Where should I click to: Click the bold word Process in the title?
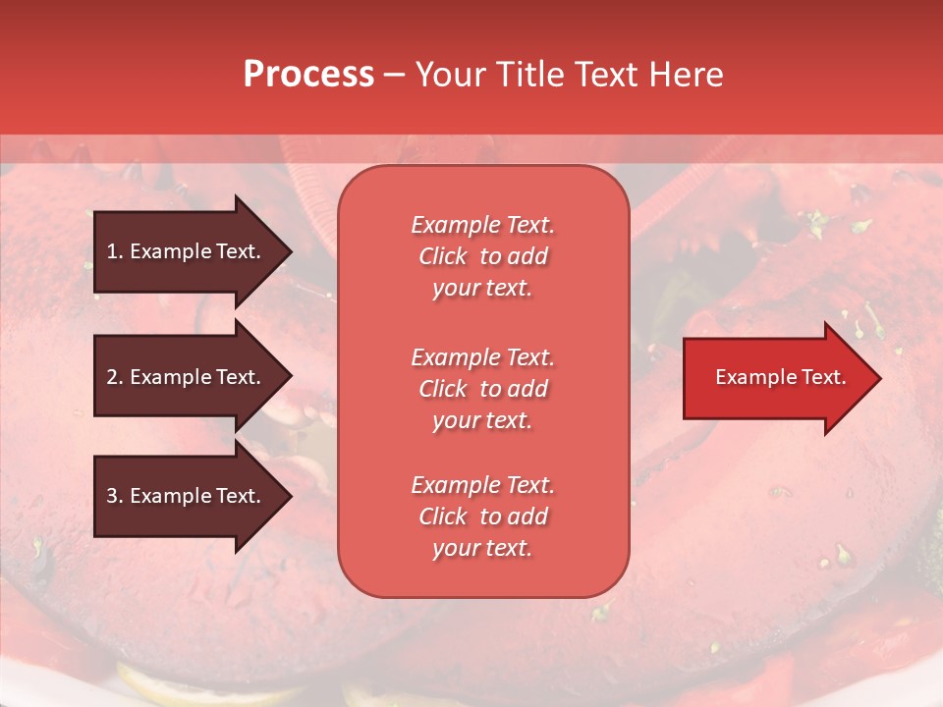[x=308, y=75]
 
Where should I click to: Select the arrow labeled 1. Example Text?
[x=185, y=251]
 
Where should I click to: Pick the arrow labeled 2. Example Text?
[x=185, y=377]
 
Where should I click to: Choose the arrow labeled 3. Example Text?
[x=185, y=496]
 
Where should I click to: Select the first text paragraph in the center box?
[x=482, y=256]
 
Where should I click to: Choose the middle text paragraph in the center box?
[x=482, y=389]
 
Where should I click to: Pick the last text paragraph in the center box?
[x=482, y=517]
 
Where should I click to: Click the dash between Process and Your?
[x=395, y=75]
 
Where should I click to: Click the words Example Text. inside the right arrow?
[x=780, y=377]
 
